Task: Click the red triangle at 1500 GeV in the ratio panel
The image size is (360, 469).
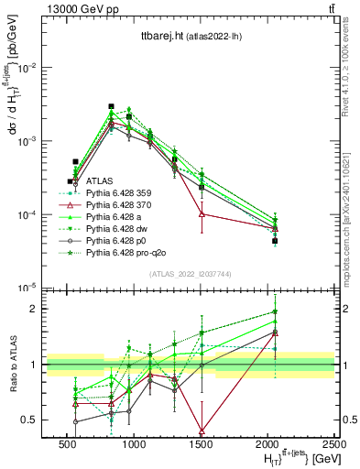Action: click(202, 431)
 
